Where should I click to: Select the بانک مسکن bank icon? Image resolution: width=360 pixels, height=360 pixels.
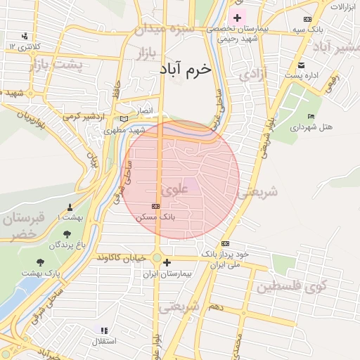[x=155, y=206]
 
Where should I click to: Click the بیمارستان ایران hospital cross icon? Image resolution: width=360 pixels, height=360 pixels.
[x=167, y=263]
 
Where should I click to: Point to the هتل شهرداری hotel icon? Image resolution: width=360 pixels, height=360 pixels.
[x=311, y=116]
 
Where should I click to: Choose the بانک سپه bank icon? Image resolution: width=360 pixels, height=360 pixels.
[x=307, y=19]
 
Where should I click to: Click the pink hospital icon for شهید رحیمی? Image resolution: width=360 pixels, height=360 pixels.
[x=237, y=18]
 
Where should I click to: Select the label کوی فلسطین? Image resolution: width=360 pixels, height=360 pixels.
[x=292, y=286]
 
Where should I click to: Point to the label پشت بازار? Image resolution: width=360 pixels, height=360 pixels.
[x=56, y=65]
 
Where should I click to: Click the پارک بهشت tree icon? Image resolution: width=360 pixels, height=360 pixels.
[x=40, y=261]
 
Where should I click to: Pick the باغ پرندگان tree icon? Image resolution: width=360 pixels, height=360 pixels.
[x=67, y=234]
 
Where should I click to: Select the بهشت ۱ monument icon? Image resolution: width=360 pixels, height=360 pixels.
[x=69, y=207]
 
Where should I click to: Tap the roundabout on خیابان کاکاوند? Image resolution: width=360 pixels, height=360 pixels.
[x=157, y=257]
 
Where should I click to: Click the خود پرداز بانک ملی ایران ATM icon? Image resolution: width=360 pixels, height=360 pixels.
[x=225, y=243]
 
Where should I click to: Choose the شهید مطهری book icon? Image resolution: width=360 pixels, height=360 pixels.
[x=124, y=120]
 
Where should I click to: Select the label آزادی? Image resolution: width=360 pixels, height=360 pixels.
[x=253, y=74]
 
